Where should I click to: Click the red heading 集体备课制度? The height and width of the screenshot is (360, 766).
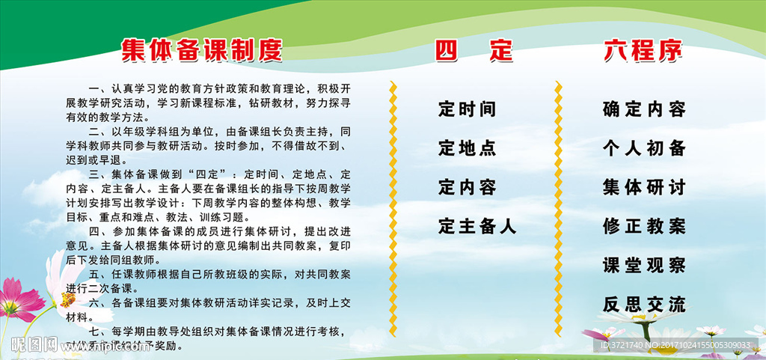tap(202, 50)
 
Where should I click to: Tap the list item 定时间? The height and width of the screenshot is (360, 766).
tap(468, 109)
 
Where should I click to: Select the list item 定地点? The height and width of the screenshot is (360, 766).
tap(468, 148)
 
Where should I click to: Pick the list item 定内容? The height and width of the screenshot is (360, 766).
tap(468, 186)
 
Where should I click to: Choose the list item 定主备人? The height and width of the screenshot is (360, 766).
tap(477, 225)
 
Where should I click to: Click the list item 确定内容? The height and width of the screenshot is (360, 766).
tap(644, 109)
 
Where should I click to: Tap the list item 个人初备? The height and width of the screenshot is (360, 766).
tap(644, 148)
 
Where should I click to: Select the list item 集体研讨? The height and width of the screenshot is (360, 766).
tap(644, 187)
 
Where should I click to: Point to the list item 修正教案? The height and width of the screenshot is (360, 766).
tap(644, 226)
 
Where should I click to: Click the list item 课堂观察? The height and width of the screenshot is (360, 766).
tap(644, 265)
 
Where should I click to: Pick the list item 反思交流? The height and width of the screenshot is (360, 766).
tap(644, 304)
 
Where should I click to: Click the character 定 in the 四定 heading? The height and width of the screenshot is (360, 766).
tap(500, 51)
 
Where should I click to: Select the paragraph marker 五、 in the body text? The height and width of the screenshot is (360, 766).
tap(99, 275)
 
